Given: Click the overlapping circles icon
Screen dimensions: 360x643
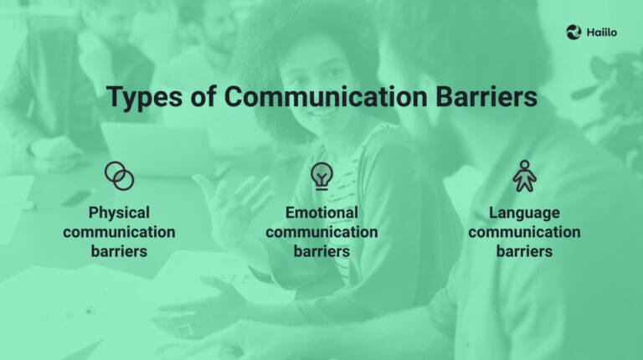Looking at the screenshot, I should (x=119, y=176).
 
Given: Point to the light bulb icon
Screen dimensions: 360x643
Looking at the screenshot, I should (x=321, y=175).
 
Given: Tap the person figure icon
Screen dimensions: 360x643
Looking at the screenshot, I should (x=524, y=175).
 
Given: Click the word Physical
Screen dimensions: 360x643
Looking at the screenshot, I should (x=119, y=213).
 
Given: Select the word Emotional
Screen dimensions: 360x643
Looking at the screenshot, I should (x=321, y=213).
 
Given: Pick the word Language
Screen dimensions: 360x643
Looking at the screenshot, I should (x=524, y=213).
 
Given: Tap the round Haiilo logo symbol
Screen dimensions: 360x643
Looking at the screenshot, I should (x=574, y=33).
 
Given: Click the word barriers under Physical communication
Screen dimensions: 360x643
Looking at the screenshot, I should (x=119, y=250).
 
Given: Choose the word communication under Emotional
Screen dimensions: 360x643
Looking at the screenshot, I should (x=321, y=232).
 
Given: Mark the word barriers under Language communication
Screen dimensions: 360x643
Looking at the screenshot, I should (x=524, y=250).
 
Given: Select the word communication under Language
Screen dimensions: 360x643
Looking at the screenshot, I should (x=524, y=232).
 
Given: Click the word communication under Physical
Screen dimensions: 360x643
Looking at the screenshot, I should (x=119, y=232).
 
